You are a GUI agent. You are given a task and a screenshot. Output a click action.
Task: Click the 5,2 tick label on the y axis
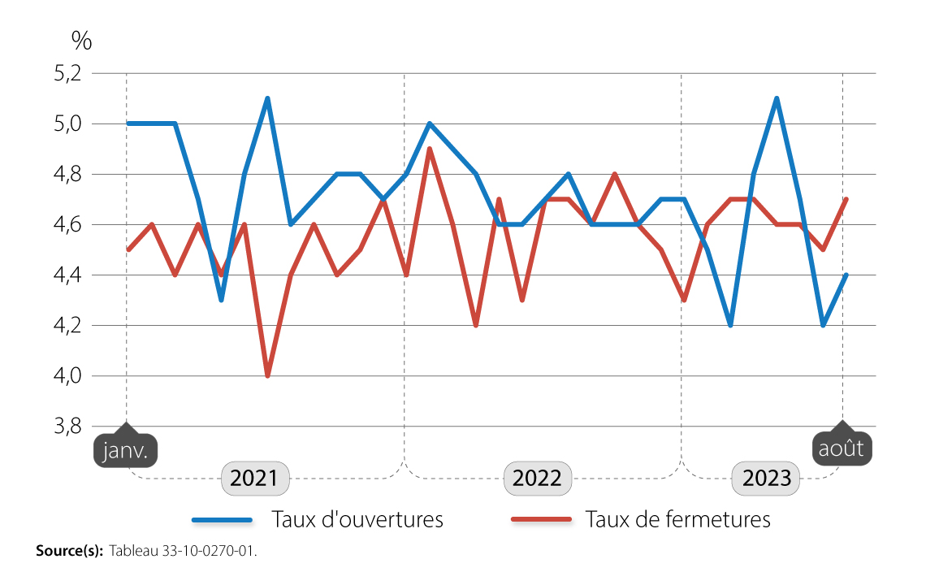pos(67,74)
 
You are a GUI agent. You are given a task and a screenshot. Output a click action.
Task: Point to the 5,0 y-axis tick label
pos(67,124)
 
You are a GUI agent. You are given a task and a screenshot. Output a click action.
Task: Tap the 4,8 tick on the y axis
pos(67,175)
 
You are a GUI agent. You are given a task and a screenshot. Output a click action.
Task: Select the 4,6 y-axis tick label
pos(67,225)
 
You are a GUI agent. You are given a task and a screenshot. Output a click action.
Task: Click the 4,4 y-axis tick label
pos(67,275)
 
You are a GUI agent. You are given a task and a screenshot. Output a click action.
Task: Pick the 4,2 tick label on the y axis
pos(67,326)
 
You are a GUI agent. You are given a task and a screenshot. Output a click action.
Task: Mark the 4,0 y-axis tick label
pos(67,376)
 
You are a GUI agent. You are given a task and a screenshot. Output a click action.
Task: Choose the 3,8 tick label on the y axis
pos(67,427)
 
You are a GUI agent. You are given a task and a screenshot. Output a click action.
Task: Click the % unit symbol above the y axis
pos(81,40)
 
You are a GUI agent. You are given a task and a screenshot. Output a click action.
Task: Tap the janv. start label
pos(125,451)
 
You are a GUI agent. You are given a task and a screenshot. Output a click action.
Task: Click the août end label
pos(842,449)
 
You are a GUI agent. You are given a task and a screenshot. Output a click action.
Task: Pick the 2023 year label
pos(767,478)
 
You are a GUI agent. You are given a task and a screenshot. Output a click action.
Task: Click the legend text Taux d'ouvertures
pos(357,519)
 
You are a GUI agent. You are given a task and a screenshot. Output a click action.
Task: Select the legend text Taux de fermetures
pos(677,519)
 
